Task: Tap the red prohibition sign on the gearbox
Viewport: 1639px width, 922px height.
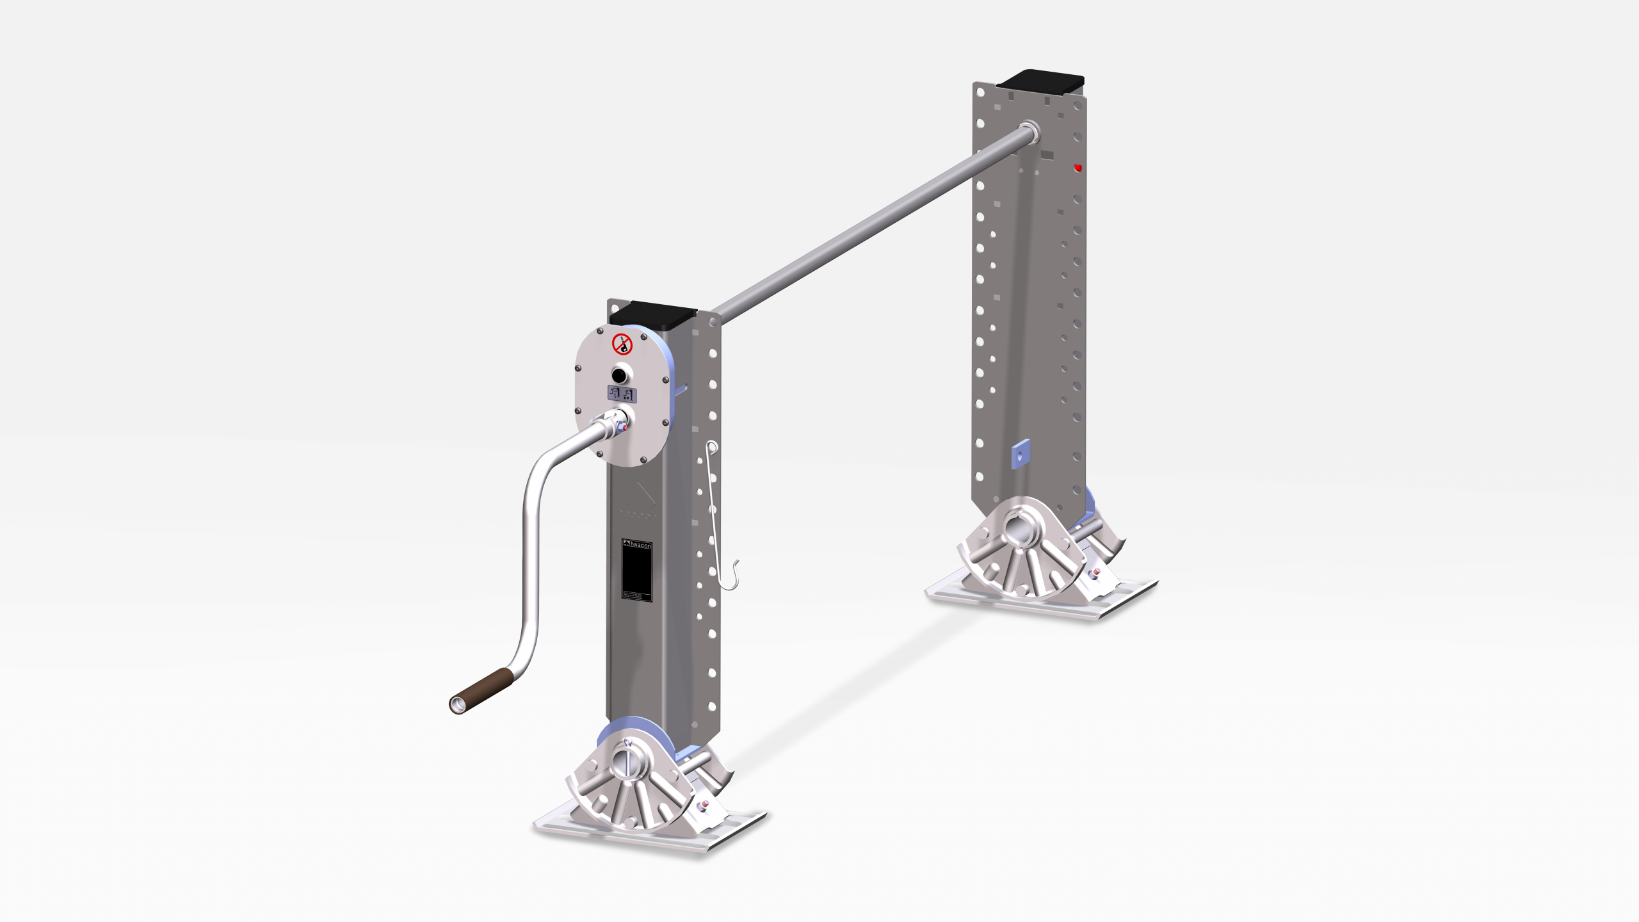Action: click(x=622, y=344)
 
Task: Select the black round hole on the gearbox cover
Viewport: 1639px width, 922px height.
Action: click(x=619, y=375)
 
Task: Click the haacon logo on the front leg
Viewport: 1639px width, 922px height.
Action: click(x=637, y=545)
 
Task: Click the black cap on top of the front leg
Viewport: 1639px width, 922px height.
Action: click(x=653, y=314)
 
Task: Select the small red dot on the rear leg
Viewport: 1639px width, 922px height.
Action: click(x=1078, y=168)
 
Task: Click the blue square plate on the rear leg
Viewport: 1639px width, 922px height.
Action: click(x=1021, y=454)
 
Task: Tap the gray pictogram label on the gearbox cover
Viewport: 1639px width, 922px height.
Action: click(x=622, y=394)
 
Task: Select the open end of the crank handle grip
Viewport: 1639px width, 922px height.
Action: click(x=457, y=705)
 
